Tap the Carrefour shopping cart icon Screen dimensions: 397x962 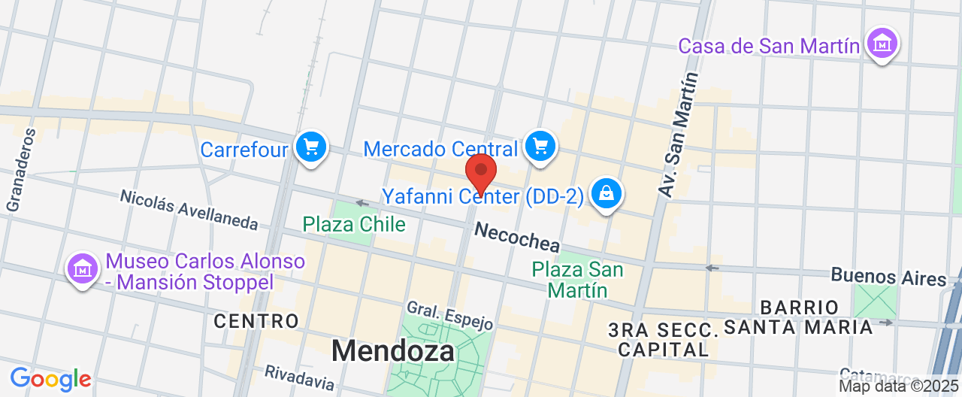[310, 147]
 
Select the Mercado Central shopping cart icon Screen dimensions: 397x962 [539, 145]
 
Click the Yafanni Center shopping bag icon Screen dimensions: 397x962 [606, 193]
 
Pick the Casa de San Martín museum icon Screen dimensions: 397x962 [882, 44]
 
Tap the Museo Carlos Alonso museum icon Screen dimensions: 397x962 [83, 268]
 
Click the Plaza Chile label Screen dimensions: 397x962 [354, 224]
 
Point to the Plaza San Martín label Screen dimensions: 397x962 [578, 279]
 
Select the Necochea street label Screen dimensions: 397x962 [517, 237]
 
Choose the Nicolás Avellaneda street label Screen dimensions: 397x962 [189, 209]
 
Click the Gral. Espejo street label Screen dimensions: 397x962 [449, 316]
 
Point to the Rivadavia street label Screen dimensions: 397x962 [299, 377]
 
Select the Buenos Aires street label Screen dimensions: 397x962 [888, 276]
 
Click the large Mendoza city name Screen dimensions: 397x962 [393, 350]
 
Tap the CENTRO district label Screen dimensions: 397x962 [256, 321]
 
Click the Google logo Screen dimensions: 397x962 [50, 378]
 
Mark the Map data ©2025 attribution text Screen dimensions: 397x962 [899, 386]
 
